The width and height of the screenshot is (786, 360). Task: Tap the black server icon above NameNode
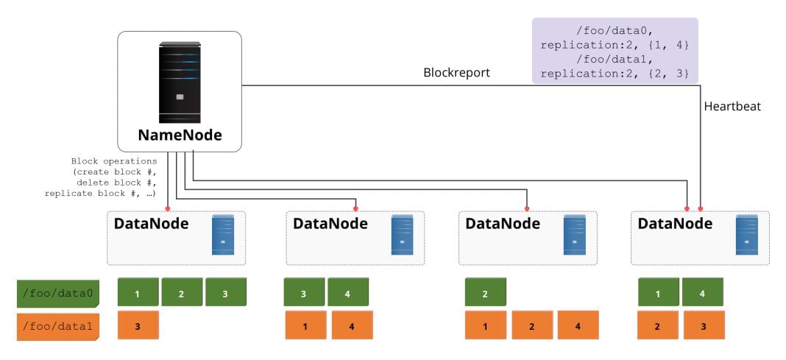pos(180,82)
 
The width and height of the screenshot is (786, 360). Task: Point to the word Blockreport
pos(456,74)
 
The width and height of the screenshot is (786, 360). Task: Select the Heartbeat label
pos(732,107)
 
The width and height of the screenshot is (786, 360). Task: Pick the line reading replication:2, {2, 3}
pos(615,74)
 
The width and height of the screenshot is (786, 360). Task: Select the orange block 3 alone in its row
pos(138,325)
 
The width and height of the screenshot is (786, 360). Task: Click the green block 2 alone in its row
pos(485,294)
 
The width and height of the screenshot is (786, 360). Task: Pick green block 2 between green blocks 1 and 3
pos(182,294)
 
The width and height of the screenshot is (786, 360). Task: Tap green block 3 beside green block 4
pos(304,294)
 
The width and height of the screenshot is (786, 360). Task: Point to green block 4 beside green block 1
pos(703,294)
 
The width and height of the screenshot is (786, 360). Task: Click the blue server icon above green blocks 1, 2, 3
pos(223,234)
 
